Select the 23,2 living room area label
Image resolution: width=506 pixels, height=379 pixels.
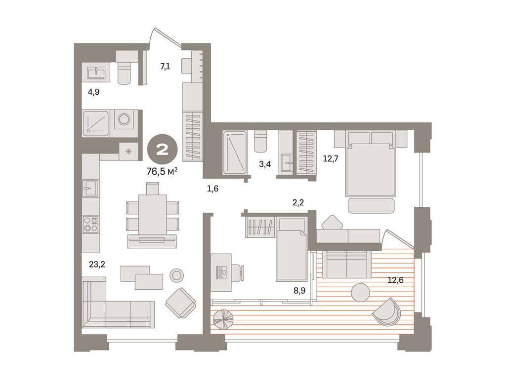(96, 265)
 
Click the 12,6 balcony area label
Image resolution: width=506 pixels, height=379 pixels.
(395, 280)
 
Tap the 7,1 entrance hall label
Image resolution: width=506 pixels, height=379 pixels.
(165, 66)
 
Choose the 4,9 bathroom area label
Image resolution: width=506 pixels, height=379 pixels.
(93, 92)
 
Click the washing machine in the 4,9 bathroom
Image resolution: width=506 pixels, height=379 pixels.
(124, 119)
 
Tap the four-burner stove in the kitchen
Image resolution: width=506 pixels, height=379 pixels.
(90, 225)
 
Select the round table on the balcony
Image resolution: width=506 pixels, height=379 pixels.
(360, 293)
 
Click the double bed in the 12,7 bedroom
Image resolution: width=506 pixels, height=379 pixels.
(371, 168)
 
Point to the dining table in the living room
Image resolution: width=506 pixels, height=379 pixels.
(152, 214)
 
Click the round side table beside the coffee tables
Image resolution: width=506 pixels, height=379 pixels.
(176, 275)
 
